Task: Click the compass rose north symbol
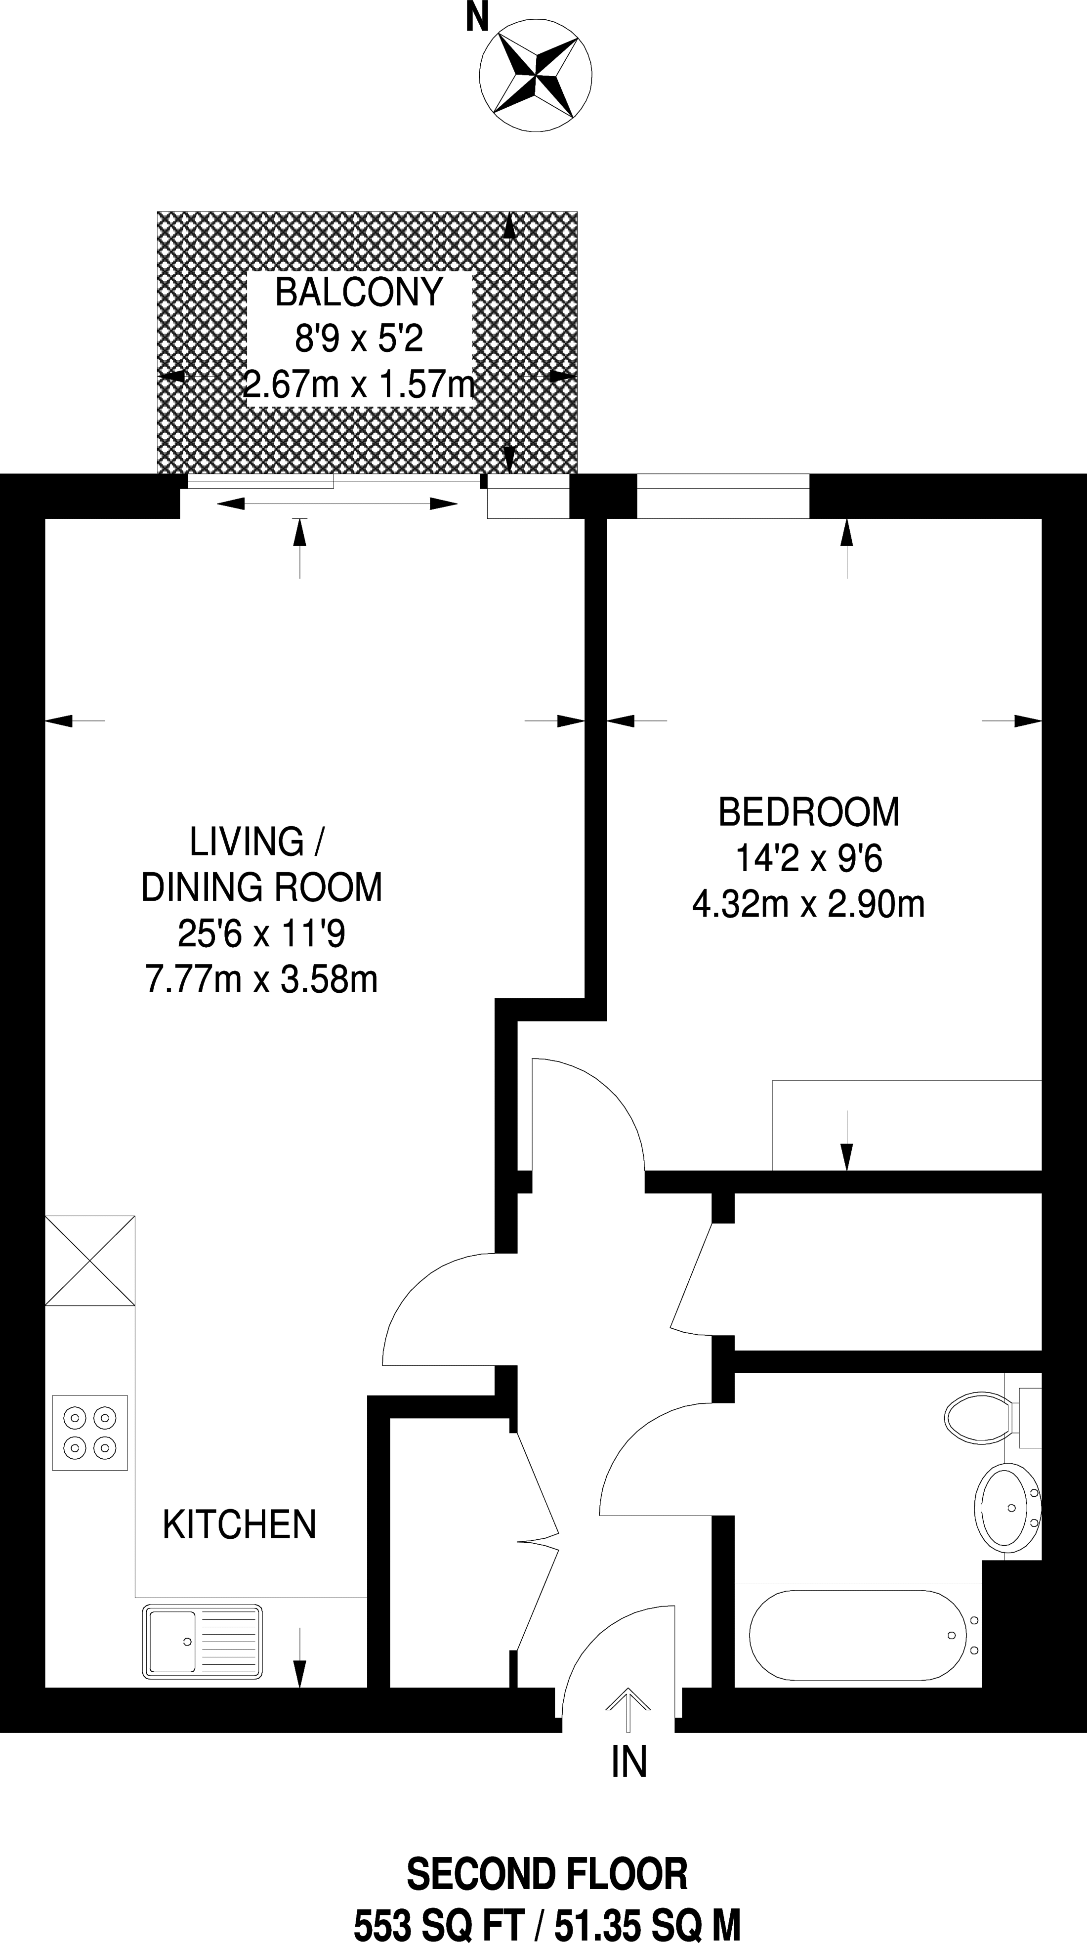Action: click(536, 76)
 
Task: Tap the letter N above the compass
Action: click(477, 17)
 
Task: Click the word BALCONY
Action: click(359, 292)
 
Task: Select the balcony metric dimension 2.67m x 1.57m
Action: click(360, 384)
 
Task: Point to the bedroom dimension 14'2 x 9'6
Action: click(809, 858)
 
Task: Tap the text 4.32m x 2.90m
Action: click(809, 904)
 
